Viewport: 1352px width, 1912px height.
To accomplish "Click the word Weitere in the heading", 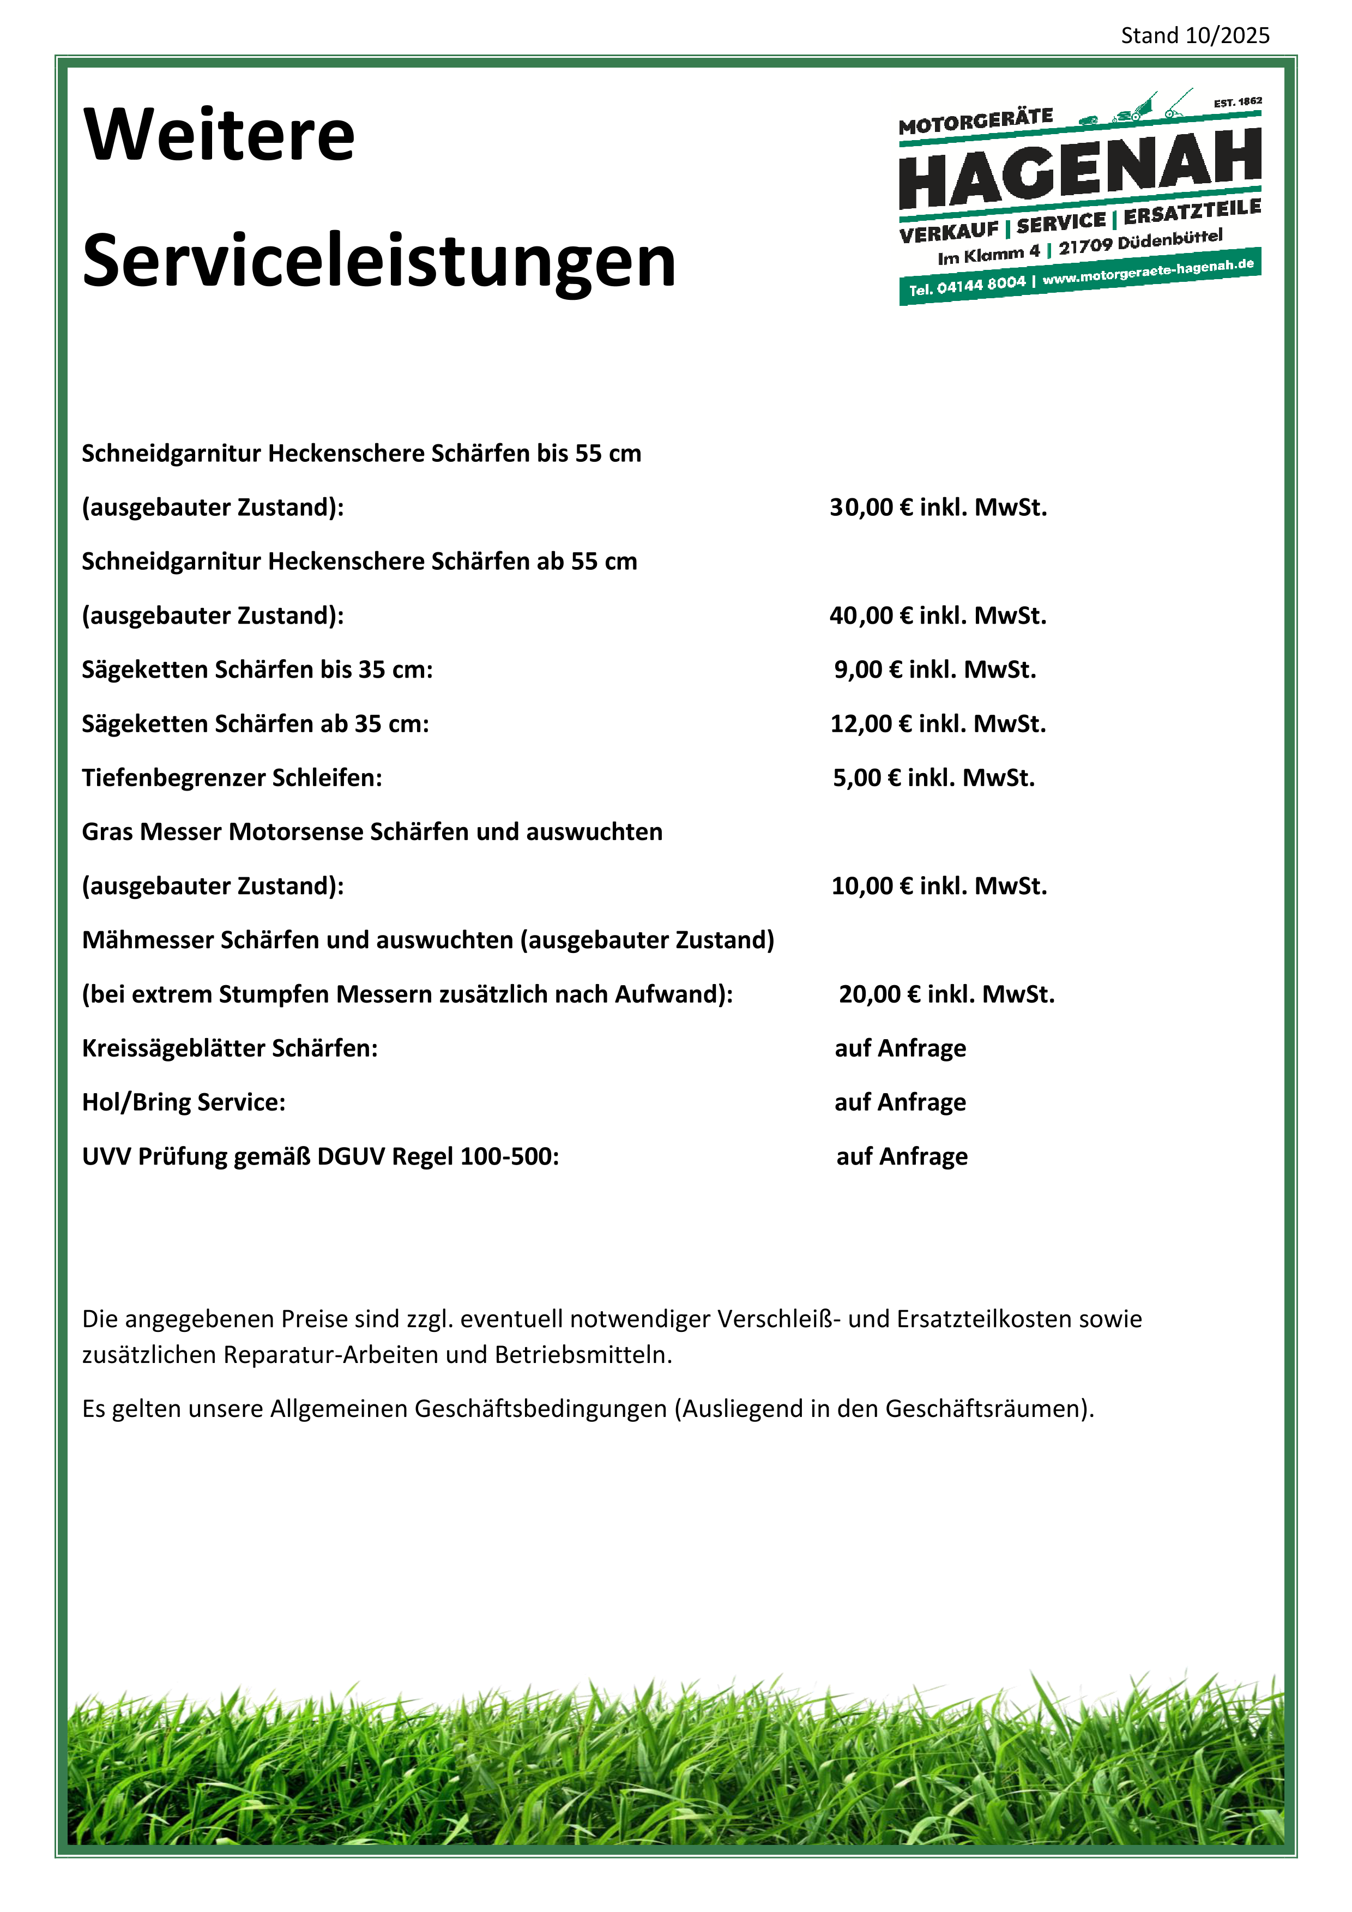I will coord(219,135).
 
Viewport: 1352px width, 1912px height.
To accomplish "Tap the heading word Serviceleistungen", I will coord(379,262).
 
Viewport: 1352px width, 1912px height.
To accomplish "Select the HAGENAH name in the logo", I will coord(1080,169).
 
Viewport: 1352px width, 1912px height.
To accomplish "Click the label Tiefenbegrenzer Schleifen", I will coord(232,778).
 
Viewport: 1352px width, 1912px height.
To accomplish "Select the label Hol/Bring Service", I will coord(183,1102).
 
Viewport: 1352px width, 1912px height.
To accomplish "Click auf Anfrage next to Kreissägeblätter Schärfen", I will coord(900,1048).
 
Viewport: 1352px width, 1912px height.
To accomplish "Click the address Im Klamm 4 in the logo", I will coord(988,254).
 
